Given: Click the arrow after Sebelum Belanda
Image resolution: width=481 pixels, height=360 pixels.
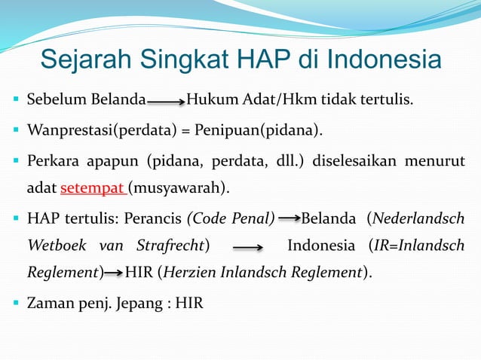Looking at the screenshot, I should pyautogui.click(x=166, y=99).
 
